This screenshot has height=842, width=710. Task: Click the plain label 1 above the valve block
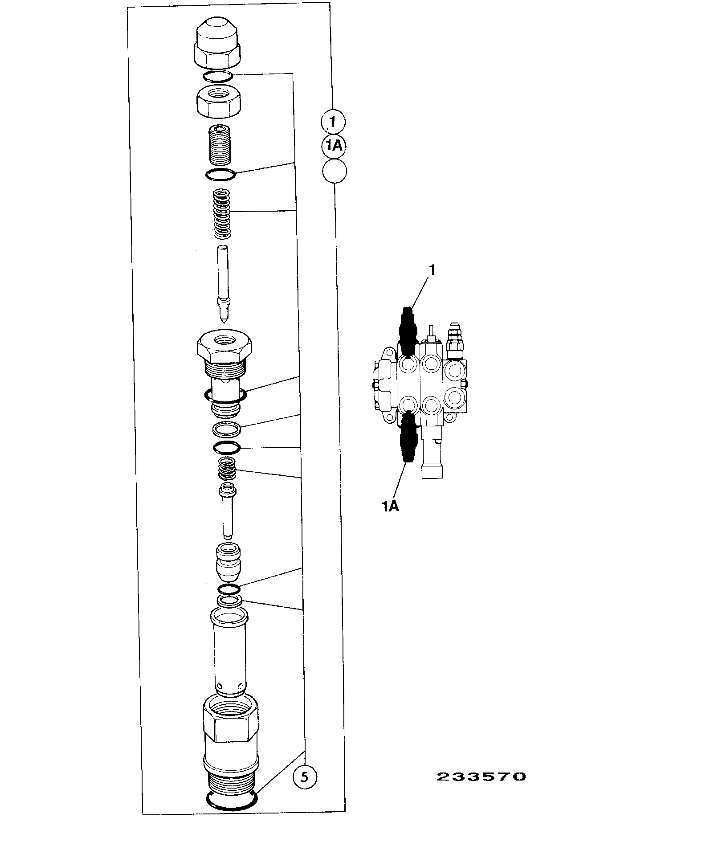[432, 270]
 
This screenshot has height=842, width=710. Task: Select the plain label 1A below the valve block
[390, 506]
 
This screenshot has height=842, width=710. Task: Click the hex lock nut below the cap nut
[218, 102]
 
